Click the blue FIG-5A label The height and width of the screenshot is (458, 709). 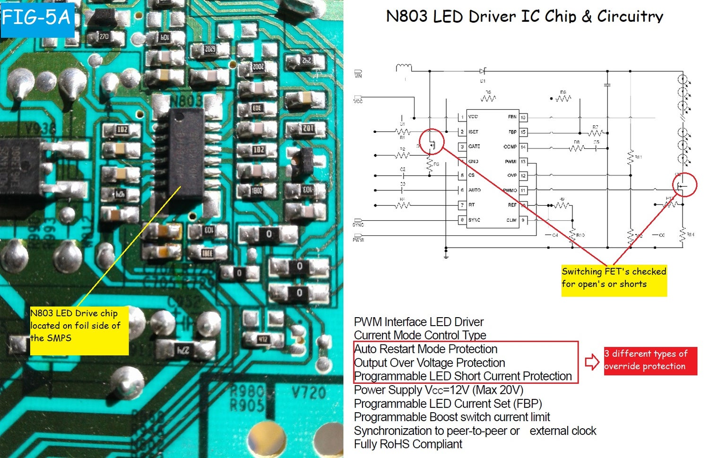tap(37, 18)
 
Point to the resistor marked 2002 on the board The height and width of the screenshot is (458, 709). tap(258, 67)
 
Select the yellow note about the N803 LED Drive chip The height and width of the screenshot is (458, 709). tap(79, 330)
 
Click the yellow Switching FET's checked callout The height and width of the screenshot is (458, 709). tap(614, 280)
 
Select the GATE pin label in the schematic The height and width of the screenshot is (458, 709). tap(474, 147)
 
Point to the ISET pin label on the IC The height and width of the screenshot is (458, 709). tap(473, 132)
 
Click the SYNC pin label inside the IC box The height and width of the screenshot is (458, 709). tap(474, 220)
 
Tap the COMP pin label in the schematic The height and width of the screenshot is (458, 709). tap(510, 147)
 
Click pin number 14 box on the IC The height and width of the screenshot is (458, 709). tap(523, 147)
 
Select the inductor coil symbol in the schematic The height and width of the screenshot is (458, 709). tap(403, 68)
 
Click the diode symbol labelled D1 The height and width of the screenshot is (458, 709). tap(482, 71)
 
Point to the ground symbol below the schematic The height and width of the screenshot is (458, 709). tap(446, 255)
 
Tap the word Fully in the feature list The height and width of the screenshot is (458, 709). tap(365, 444)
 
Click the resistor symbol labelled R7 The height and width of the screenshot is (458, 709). tap(595, 133)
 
